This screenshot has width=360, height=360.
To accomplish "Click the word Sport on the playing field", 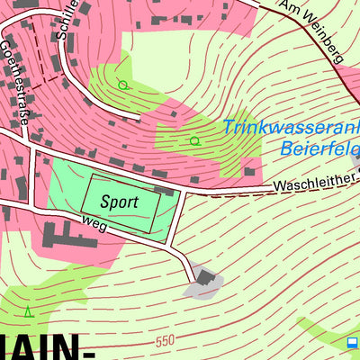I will (x=120, y=202).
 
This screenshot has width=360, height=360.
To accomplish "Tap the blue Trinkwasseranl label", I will (x=291, y=128).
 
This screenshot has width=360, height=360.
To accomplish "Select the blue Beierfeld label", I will (x=319, y=148).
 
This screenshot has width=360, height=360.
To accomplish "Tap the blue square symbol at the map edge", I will (x=352, y=343).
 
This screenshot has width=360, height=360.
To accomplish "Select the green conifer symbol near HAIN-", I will (x=29, y=312).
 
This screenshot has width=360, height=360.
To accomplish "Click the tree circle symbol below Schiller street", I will (x=123, y=85).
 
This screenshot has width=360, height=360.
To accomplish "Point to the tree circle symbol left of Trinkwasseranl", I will (x=194, y=140).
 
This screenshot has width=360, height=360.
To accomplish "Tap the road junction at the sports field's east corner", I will (x=184, y=192).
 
